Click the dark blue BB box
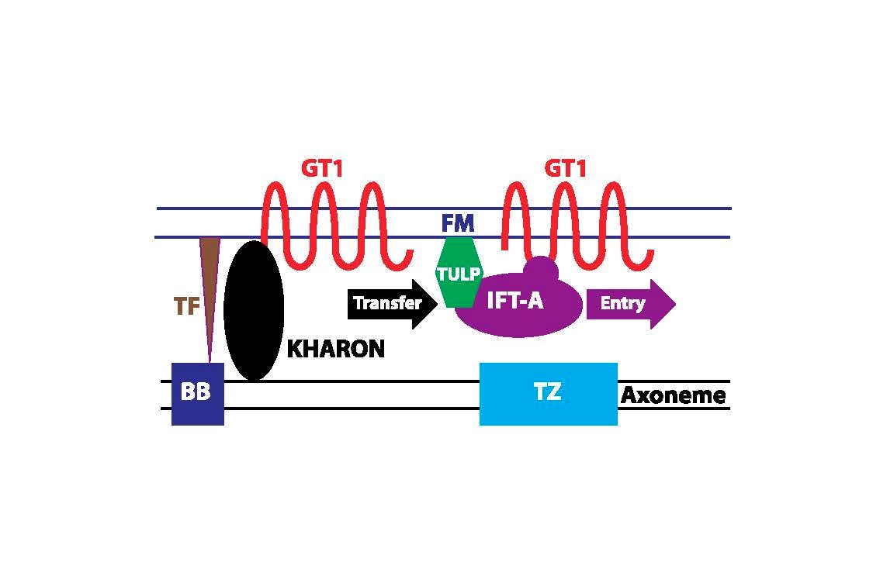coord(197,394)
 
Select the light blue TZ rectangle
coord(548,394)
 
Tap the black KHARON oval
coord(253,310)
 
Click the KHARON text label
coord(335,350)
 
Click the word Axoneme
coord(673,396)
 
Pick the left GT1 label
coord(321,169)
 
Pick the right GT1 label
coord(565,169)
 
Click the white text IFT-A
coord(514,301)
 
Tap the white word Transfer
coord(387,303)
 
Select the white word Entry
coord(622,303)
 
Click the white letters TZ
coord(547,392)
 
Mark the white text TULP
coord(459,274)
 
